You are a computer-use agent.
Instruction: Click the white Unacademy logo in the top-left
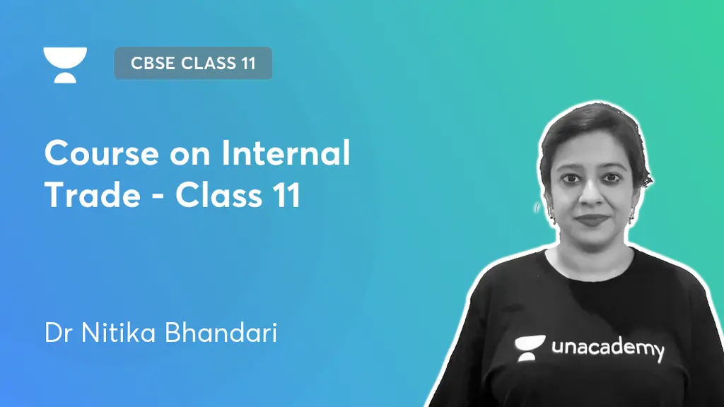(x=65, y=64)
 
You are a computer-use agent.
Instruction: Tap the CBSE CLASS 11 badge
(x=193, y=64)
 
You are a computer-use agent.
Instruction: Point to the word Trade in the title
(x=92, y=195)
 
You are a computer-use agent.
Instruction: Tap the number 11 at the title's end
(x=288, y=195)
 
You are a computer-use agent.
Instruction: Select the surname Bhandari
(x=221, y=333)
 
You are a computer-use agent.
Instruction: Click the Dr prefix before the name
(x=58, y=333)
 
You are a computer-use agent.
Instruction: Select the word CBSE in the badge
(x=153, y=64)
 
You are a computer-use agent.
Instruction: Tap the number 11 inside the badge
(x=247, y=64)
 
